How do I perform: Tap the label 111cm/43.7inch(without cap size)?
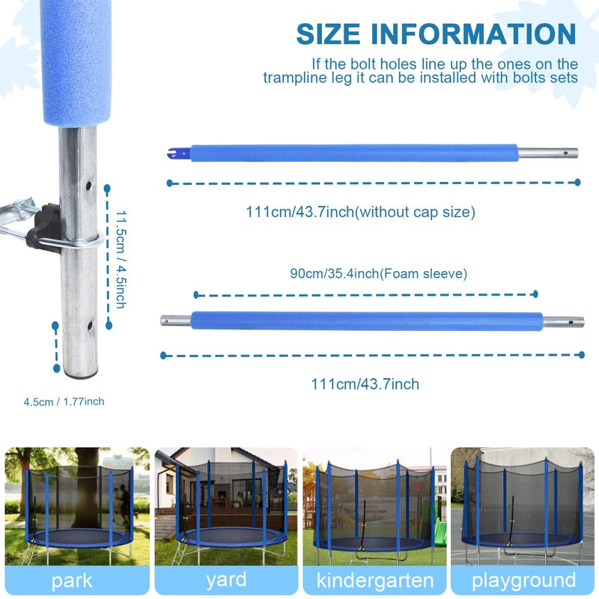360,212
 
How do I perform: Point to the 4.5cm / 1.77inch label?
64,402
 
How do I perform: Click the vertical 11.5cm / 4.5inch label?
120,258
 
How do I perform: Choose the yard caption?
225,580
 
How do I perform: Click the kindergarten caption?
374,580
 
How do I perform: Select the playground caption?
523,580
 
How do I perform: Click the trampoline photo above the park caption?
76,505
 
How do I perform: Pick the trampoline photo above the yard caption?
225,505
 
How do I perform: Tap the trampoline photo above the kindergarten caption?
374,505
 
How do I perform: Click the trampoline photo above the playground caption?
523,505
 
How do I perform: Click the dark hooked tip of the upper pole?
174,154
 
